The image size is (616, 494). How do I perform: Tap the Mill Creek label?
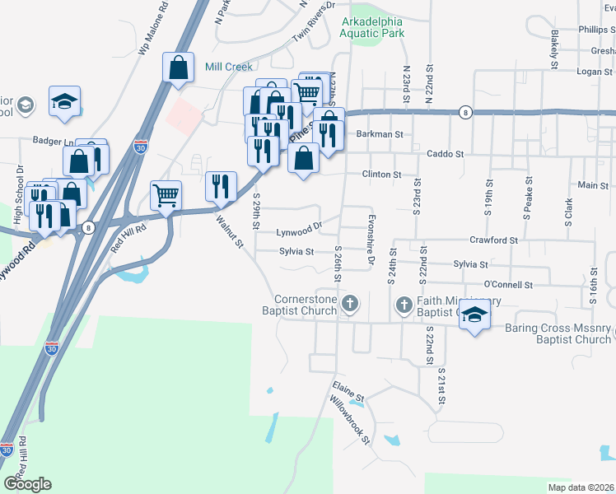pyautogui.click(x=227, y=67)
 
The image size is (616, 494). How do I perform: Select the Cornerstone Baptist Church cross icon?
pyautogui.click(x=350, y=305)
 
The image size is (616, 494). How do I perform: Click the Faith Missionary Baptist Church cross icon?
pyautogui.click(x=404, y=305)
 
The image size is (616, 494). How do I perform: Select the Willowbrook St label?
pyautogui.click(x=350, y=420)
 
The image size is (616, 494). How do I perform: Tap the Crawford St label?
pyautogui.click(x=492, y=240)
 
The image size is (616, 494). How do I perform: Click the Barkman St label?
pyautogui.click(x=380, y=133)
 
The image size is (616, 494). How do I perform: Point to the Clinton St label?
pyautogui.click(x=382, y=175)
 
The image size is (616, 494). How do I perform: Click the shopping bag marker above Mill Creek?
pyautogui.click(x=179, y=69)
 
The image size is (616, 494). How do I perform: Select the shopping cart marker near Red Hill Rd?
pyautogui.click(x=166, y=197)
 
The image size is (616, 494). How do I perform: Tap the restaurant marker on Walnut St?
pyautogui.click(x=221, y=187)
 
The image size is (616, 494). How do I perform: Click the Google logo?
pyautogui.click(x=27, y=484)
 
